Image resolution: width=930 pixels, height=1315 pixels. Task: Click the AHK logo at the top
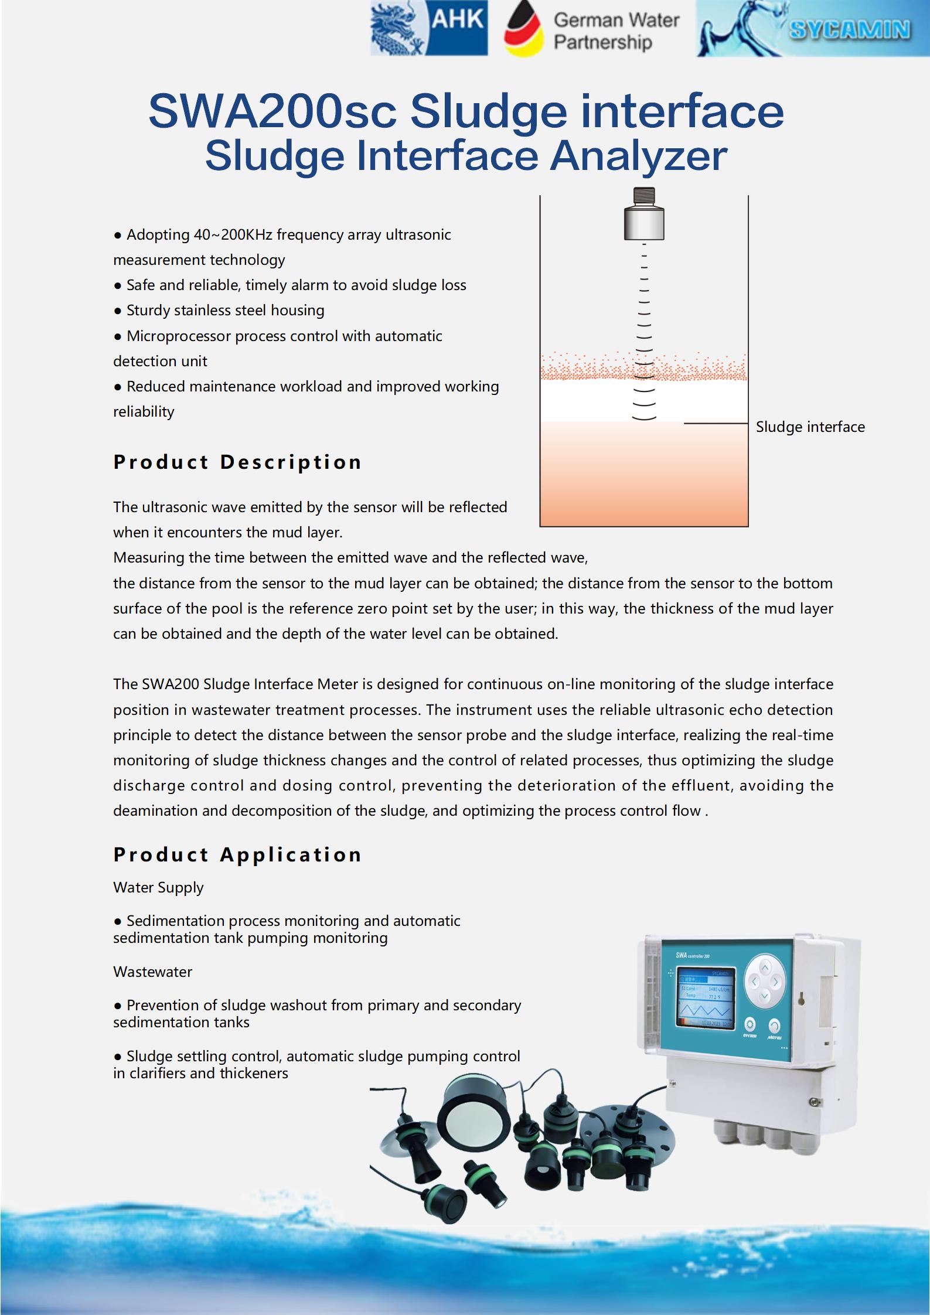429,28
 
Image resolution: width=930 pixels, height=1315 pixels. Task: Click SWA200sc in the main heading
272,111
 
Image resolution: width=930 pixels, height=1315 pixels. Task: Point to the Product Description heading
237,462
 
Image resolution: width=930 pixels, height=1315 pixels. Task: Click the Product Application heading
237,854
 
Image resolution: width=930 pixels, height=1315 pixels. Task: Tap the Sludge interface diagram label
810,427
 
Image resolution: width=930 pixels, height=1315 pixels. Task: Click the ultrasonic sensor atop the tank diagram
644,214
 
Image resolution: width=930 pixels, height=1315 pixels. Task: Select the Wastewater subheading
152,972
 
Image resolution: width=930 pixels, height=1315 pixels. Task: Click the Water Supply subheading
158,887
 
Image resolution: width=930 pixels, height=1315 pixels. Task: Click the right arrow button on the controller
775,982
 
